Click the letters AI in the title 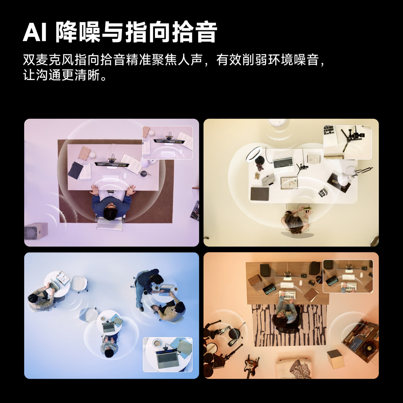pos(35,32)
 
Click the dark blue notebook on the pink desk pos(76,170)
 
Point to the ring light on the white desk pos(256,155)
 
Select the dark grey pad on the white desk pos(260,194)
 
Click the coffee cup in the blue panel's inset pos(157,343)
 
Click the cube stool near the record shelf pos(335,359)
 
